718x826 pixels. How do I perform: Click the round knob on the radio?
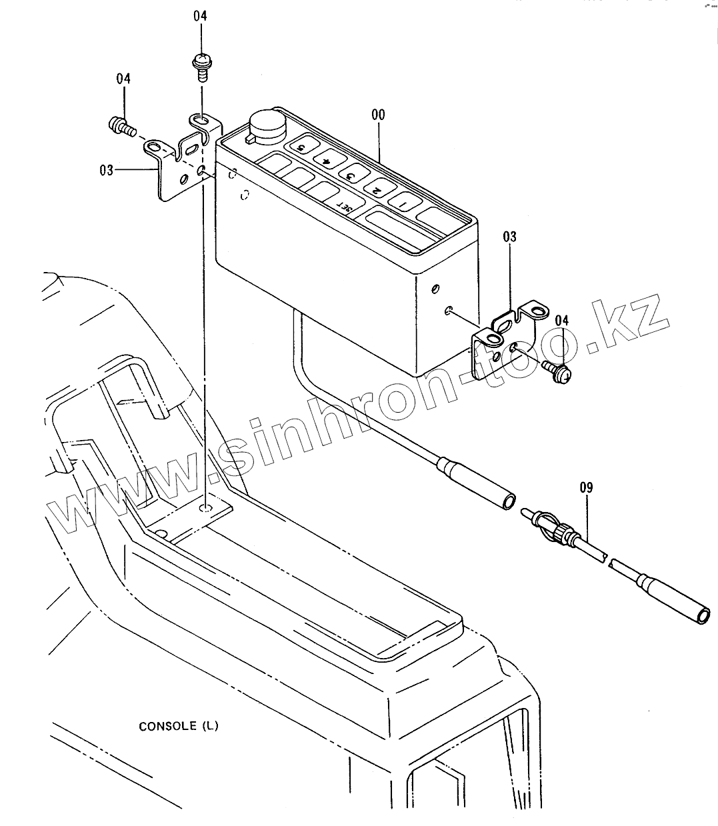[265, 123]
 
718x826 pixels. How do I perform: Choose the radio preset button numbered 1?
[402, 202]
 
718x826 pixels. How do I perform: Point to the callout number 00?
[378, 115]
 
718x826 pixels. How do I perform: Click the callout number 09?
[586, 487]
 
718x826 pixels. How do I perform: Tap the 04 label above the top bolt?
[201, 15]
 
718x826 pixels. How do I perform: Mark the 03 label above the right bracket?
[509, 237]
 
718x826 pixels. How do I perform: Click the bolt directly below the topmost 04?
[200, 65]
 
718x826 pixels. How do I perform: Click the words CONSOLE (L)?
[178, 726]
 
